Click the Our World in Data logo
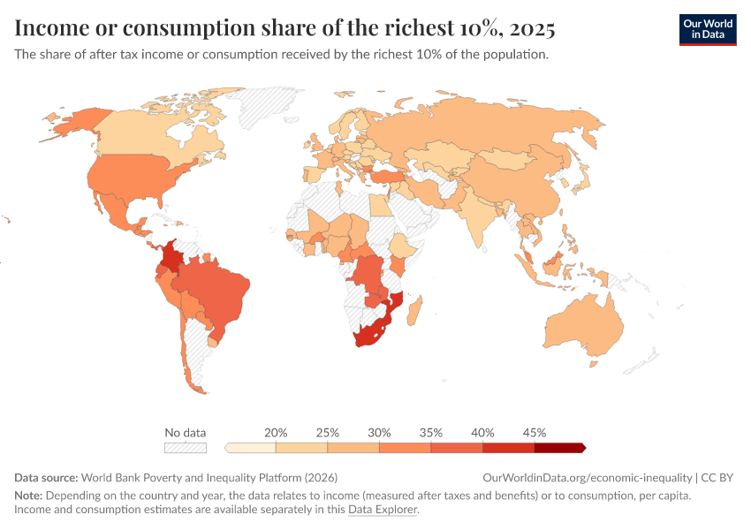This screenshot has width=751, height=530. (x=707, y=29)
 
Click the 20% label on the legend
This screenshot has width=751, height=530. (x=276, y=433)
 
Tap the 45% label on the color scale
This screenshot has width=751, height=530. (x=534, y=433)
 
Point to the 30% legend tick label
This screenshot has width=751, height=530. (x=379, y=433)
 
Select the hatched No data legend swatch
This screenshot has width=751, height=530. (x=185, y=448)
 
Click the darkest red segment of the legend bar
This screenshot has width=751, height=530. (x=558, y=448)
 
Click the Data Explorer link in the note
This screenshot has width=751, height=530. (x=382, y=510)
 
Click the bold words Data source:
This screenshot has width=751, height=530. (x=46, y=478)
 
